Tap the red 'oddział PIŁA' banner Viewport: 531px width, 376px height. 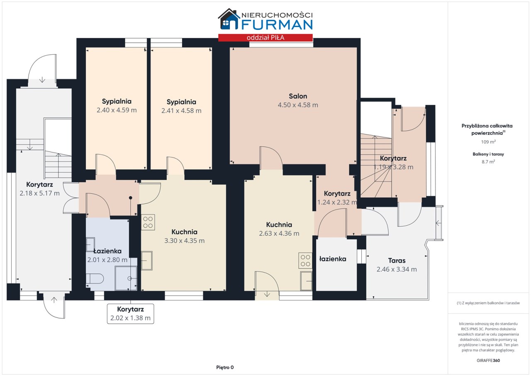(x=265, y=38)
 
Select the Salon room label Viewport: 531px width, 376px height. (x=298, y=96)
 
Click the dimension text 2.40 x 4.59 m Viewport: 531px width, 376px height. (x=117, y=110)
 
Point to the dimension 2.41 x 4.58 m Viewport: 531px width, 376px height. (x=181, y=111)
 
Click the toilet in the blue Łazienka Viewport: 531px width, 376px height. (x=95, y=278)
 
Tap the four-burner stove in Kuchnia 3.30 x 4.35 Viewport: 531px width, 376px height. (x=148, y=222)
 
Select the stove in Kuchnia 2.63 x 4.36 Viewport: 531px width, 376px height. (x=305, y=261)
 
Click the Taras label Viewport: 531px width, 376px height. (x=397, y=261)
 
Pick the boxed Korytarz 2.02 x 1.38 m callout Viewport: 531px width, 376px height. (x=130, y=314)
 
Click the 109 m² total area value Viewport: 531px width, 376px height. (x=488, y=142)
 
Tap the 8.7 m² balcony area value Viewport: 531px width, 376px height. (x=488, y=162)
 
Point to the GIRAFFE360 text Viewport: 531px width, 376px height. (x=488, y=360)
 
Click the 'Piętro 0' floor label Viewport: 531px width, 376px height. (x=225, y=367)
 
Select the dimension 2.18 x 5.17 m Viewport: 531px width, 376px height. (x=39, y=193)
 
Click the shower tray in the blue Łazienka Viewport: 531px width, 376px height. (x=126, y=278)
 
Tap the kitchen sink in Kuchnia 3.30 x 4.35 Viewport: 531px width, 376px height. (x=147, y=261)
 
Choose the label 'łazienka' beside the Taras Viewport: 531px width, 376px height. (x=333, y=259)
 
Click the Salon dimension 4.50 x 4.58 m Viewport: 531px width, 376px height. (x=298, y=105)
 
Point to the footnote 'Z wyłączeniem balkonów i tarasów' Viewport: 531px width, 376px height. (x=488, y=303)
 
